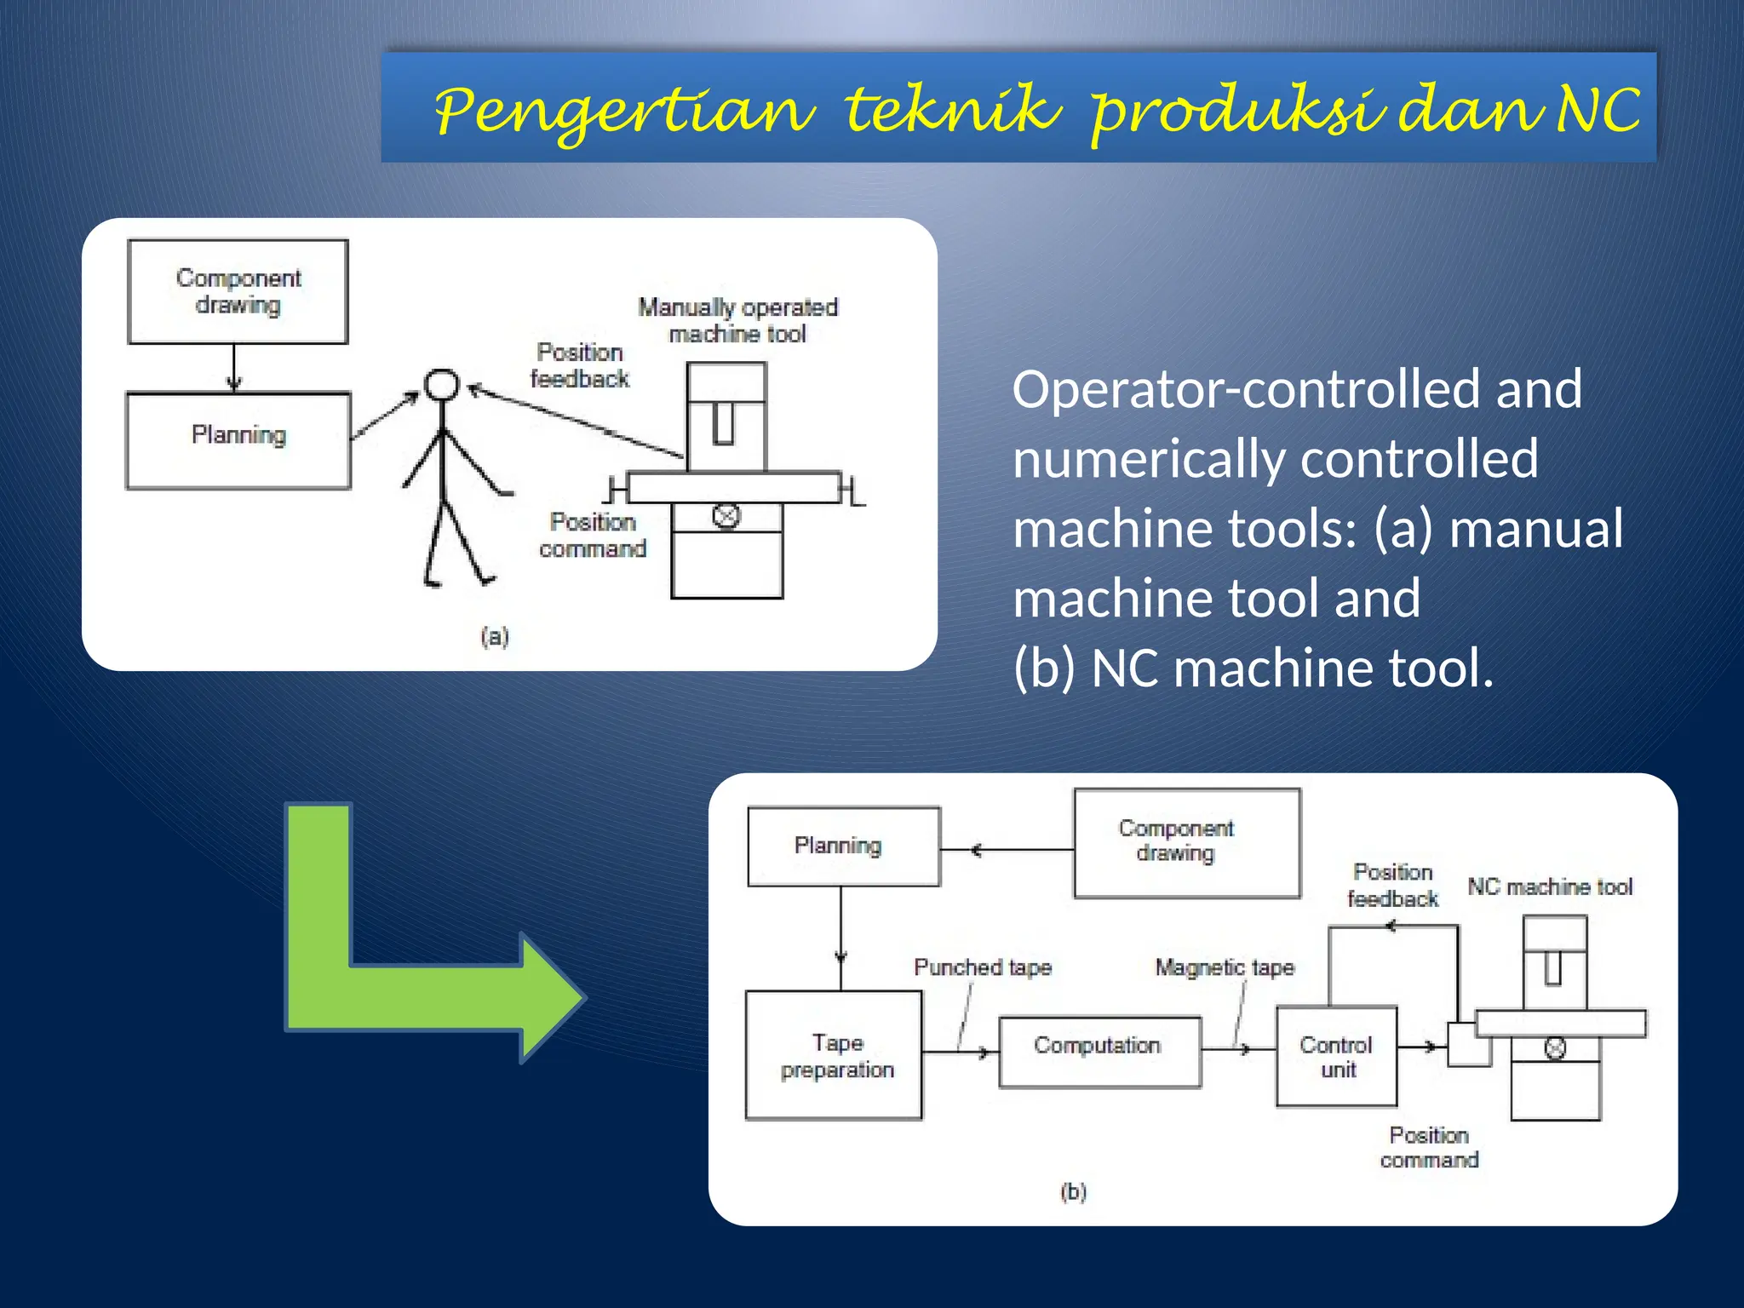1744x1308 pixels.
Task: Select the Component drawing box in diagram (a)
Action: (x=238, y=292)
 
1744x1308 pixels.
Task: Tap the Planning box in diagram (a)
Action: (x=238, y=440)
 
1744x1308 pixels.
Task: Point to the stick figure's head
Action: (x=442, y=385)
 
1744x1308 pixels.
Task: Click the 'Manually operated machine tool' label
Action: (x=737, y=320)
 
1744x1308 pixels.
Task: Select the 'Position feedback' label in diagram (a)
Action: (x=579, y=365)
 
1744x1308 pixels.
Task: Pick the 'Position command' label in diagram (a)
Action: (x=593, y=535)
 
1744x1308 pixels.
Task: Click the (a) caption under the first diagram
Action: (x=495, y=636)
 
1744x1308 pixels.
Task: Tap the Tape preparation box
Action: (x=835, y=1055)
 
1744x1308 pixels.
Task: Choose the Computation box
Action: (x=1099, y=1051)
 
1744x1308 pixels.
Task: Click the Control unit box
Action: (x=1336, y=1056)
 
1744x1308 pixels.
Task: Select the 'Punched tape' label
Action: (x=983, y=967)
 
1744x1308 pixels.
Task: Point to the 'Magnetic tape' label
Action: (x=1225, y=967)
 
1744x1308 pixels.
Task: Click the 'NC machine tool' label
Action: (x=1550, y=886)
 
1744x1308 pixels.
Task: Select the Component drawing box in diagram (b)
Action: (x=1186, y=842)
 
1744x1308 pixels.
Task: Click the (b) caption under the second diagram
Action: (x=1074, y=1191)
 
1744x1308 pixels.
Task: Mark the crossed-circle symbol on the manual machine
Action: (x=726, y=516)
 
